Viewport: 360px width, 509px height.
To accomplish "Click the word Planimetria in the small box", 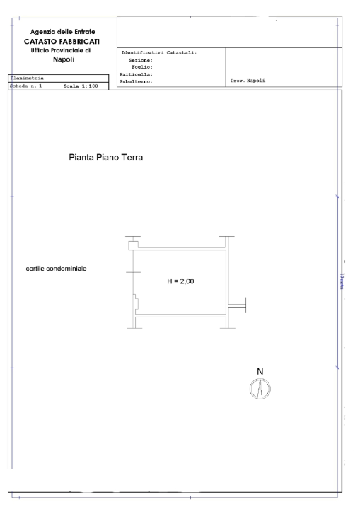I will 26,78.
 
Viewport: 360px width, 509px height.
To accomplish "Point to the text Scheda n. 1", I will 26,86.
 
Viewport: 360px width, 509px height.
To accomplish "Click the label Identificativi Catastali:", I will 159,53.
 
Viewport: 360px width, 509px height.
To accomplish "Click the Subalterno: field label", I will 138,81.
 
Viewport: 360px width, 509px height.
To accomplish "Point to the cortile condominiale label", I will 57,269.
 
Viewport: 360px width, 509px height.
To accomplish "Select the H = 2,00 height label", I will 180,281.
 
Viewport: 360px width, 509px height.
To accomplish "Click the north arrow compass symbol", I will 260,388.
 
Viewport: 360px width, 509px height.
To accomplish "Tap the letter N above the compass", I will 260,371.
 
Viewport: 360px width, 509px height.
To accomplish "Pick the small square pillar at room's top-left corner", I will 132,245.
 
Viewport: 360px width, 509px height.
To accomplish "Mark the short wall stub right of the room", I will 238,305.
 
